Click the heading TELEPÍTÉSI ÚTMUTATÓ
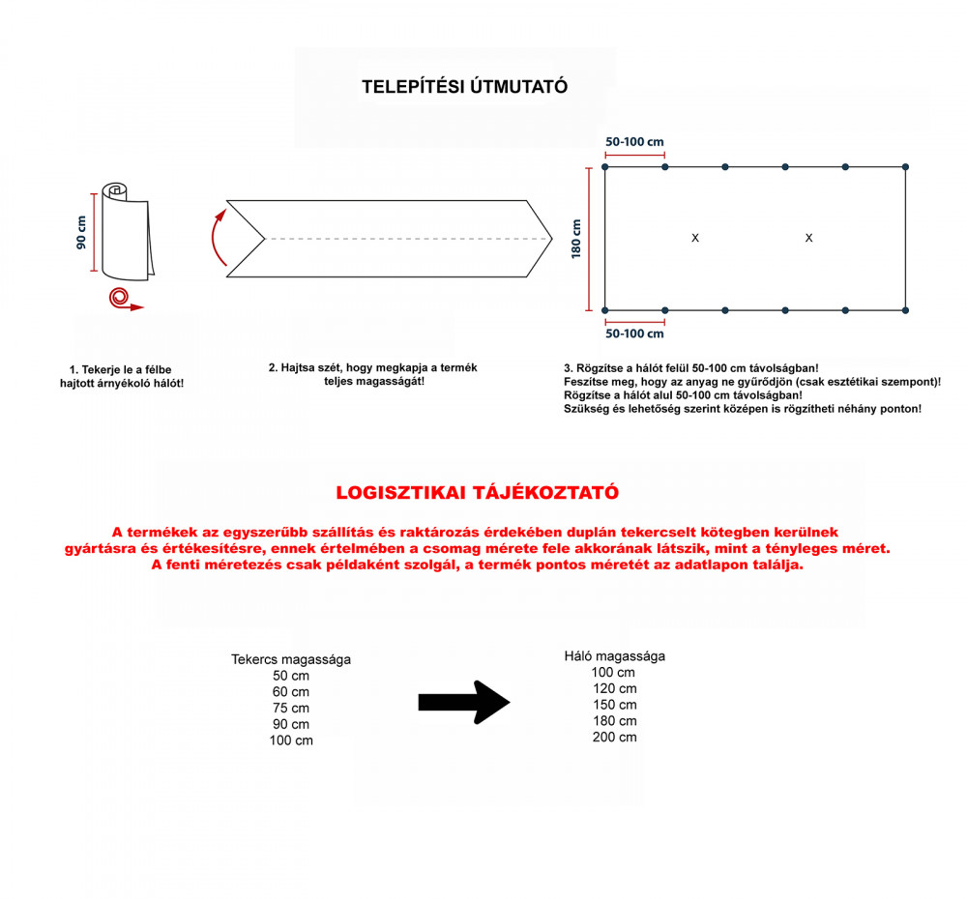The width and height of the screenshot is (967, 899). tap(464, 87)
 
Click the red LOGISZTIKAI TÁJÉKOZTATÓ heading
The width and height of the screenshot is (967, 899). tap(477, 492)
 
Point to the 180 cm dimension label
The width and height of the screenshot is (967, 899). tap(576, 238)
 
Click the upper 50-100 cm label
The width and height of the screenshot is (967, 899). tap(634, 142)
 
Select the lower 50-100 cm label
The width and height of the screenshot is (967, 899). tap(634, 333)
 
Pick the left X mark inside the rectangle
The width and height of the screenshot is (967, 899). tap(695, 238)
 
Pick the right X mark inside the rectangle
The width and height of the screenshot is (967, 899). tap(808, 238)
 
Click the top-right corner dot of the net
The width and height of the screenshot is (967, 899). tap(906, 167)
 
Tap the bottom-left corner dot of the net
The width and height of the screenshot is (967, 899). tap(605, 310)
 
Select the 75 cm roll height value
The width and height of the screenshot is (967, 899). tap(291, 709)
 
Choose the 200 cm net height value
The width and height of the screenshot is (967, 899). tap(615, 738)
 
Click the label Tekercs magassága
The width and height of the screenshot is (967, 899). tap(291, 660)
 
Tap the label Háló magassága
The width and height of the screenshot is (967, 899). tap(615, 656)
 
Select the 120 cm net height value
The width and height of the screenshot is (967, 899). tap(615, 689)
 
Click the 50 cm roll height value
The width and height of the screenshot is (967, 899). tap(291, 677)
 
